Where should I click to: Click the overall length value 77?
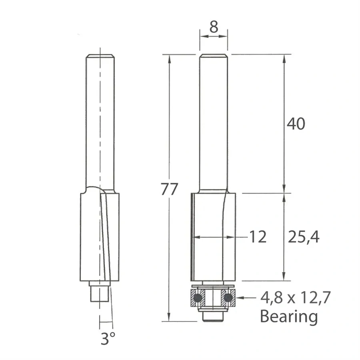[x=169, y=189]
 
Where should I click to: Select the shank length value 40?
[x=296, y=124]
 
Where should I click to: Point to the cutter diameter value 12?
[x=258, y=237]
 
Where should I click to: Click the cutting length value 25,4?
[x=304, y=238]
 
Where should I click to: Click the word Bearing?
[x=289, y=316]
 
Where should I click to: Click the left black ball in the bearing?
[x=198, y=298]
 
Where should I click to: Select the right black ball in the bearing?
[x=228, y=298]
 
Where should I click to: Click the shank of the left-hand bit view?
[x=100, y=120]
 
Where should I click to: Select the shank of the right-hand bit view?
[x=214, y=120]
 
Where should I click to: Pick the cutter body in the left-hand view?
[x=100, y=236]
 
